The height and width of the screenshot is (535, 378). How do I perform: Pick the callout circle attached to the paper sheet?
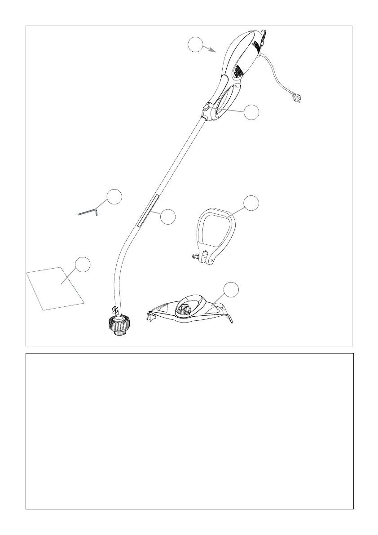pyautogui.click(x=82, y=264)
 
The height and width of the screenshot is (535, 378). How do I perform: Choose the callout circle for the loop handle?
pyautogui.click(x=251, y=203)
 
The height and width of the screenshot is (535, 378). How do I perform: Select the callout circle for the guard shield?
pyautogui.click(x=231, y=290)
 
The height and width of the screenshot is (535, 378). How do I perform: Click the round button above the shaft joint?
pyautogui.click(x=206, y=107)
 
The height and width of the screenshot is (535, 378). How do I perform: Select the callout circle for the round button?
pyautogui.click(x=252, y=112)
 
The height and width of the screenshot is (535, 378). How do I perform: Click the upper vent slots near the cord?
pyautogui.click(x=256, y=45)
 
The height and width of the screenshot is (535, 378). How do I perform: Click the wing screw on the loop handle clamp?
pyautogui.click(x=194, y=256)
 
